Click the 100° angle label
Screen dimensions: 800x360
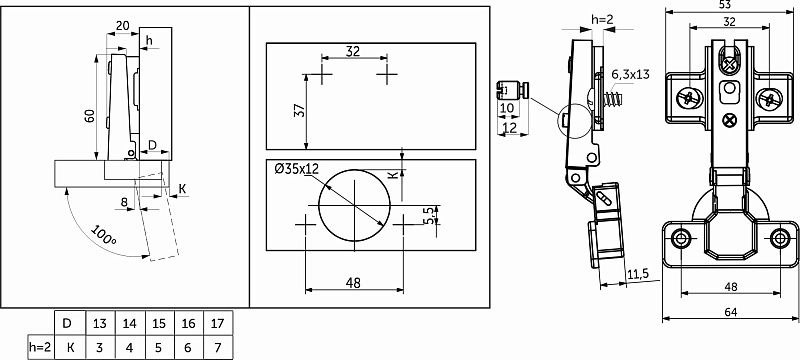tap(104, 235)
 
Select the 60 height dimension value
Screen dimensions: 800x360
tap(89, 116)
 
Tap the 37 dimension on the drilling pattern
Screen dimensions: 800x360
tap(299, 111)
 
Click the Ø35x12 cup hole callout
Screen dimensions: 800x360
tap(296, 168)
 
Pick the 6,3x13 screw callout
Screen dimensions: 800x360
tap(631, 74)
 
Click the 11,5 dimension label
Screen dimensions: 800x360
tap(638, 274)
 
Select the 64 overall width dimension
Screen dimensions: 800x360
tap(731, 312)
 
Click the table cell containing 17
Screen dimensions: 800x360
tap(218, 323)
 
